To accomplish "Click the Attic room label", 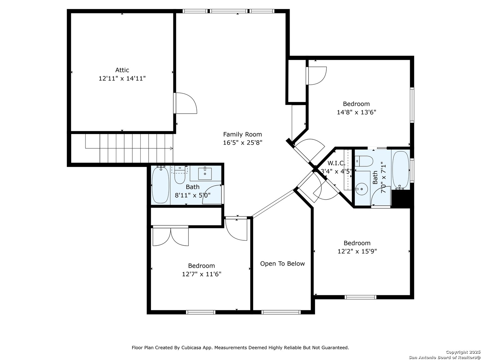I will pos(122,70).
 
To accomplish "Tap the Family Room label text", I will pos(243,134).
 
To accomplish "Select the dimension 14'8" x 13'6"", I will pos(356,112).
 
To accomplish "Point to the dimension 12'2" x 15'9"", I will pos(357,251).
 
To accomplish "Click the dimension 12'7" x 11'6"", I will pos(201,274).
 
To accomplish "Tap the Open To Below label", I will pos(282,264).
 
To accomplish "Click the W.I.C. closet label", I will pos(336,163).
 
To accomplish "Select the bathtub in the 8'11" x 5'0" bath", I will pos(161,185).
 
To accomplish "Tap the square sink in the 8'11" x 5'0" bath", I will pos(205,174).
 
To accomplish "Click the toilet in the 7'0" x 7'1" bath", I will pos(364,161).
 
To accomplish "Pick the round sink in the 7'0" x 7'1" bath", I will pos(361,189).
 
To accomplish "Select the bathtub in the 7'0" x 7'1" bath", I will pos(400,170).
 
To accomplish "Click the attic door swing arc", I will pos(187,103).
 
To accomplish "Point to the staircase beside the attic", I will pos(129,148).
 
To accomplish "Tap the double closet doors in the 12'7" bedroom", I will pos(170,237).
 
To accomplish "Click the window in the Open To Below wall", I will pos(281,312).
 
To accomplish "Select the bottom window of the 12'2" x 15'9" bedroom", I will pos(360,297).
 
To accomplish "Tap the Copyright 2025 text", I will pos(463,352).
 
